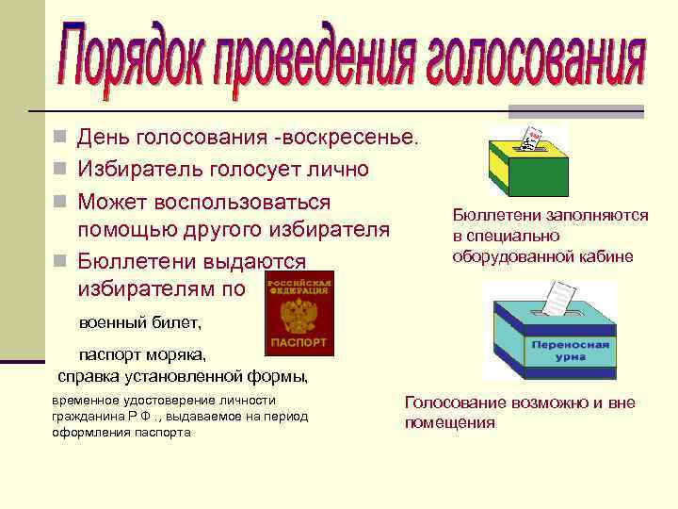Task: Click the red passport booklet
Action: [299, 313]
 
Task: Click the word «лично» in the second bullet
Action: [337, 171]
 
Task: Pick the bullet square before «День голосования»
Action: [60, 138]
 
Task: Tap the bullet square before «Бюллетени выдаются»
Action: [60, 261]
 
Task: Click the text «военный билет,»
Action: [139, 322]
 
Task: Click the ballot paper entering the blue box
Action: [560, 297]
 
